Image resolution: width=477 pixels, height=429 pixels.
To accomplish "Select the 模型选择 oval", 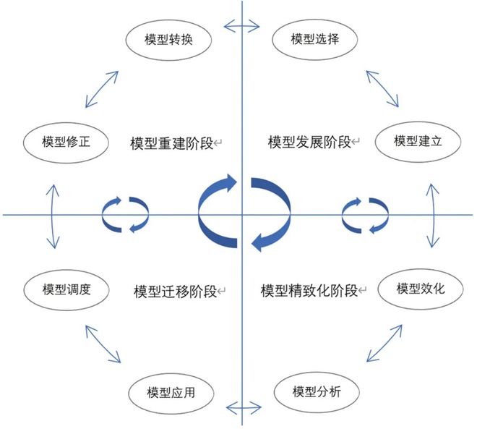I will click(314, 40).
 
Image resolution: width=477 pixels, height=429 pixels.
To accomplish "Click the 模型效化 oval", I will click(420, 289).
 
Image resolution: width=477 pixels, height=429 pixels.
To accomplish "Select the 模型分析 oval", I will click(317, 392).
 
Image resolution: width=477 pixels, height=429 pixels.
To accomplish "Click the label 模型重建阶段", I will click(172, 143).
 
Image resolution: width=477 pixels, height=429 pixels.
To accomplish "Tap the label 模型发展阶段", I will click(309, 142).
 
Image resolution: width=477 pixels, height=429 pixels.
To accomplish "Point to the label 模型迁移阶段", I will click(175, 292).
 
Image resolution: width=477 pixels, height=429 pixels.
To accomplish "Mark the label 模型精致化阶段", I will click(309, 292).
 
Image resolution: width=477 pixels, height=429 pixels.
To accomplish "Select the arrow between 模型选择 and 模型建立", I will click(381, 88).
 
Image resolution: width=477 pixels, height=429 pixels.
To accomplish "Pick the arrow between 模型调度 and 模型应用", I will click(103, 344).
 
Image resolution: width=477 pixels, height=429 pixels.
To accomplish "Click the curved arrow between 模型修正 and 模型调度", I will click(52, 215).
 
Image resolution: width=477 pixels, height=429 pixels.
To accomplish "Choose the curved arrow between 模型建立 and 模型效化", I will click(432, 215).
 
